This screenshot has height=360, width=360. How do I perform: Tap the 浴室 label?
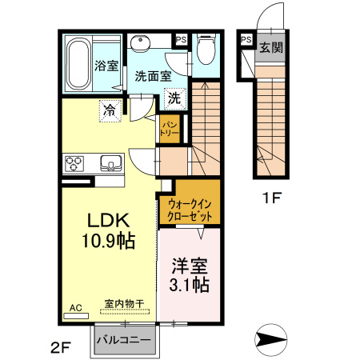[x=106, y=65]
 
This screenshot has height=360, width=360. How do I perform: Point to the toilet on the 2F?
[x=205, y=51]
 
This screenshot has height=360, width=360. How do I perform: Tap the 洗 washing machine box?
[x=174, y=99]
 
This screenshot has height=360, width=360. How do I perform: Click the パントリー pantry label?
[x=170, y=128]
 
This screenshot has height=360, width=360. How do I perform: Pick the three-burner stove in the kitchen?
[x=76, y=164]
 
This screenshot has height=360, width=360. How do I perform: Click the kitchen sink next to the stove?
[x=110, y=165]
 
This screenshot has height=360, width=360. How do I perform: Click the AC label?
[x=75, y=307]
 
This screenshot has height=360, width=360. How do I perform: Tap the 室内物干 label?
[x=124, y=304]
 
